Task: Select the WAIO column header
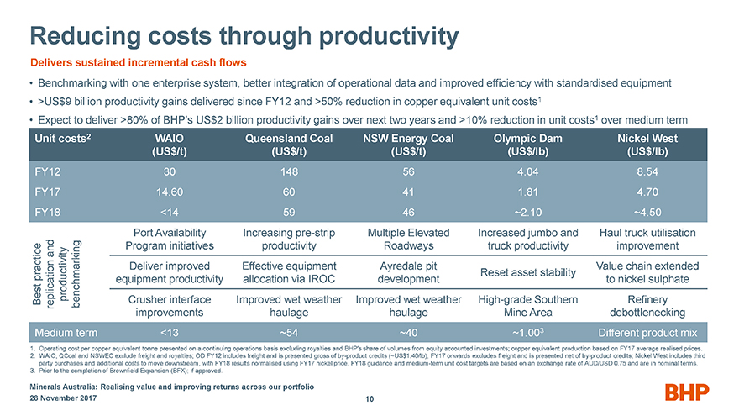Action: click(x=170, y=146)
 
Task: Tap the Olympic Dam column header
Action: click(x=527, y=146)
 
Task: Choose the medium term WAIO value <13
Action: click(x=170, y=329)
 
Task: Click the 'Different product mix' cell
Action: click(x=646, y=329)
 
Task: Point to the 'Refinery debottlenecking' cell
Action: click(x=646, y=304)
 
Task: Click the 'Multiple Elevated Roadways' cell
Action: click(x=408, y=239)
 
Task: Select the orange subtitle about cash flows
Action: click(x=139, y=63)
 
